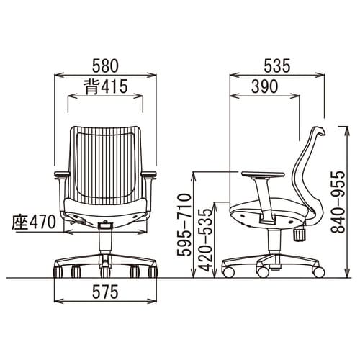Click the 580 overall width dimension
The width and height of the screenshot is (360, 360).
106,66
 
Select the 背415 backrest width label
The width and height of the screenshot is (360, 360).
106,86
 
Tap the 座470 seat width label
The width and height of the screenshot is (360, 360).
34,222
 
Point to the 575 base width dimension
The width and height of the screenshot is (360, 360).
106,292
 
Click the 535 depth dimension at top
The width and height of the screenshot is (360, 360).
277,66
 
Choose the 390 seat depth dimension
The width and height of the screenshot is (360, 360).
265,86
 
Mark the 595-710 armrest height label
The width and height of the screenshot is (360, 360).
185,225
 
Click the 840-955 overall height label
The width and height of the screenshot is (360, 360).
338,202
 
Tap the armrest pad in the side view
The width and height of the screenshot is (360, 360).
263,174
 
